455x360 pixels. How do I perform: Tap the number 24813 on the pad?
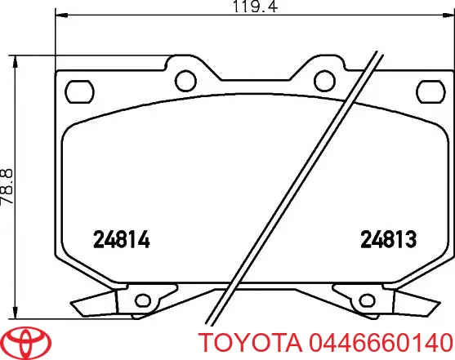390,240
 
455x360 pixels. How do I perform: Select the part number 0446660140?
382,342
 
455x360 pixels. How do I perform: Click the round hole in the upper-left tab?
186,79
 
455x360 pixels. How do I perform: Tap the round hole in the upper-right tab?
322,79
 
